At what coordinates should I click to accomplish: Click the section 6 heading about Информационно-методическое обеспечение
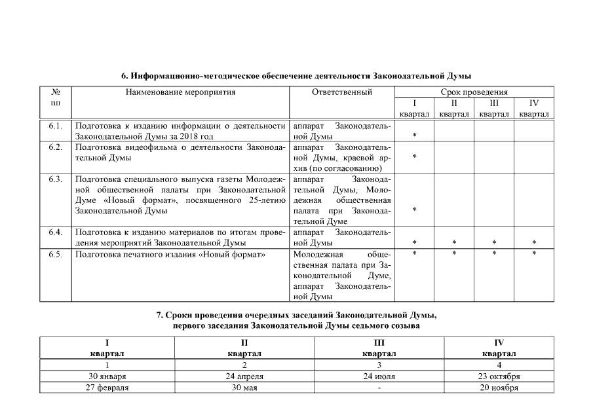(x=296, y=76)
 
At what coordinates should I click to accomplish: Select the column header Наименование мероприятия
(x=180, y=92)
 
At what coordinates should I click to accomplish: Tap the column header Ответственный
(x=342, y=92)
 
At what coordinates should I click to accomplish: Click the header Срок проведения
(x=474, y=92)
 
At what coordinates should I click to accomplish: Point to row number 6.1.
(x=55, y=125)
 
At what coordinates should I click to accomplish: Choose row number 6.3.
(x=55, y=179)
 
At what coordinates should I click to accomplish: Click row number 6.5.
(x=55, y=254)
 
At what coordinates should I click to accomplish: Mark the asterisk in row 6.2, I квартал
(x=415, y=158)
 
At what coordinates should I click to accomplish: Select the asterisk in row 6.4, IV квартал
(x=534, y=244)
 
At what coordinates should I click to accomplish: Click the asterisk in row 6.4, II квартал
(x=454, y=244)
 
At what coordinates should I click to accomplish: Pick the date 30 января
(x=107, y=376)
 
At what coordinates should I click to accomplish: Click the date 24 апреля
(x=244, y=376)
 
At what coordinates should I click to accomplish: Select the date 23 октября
(x=499, y=376)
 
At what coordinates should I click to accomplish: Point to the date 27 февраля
(x=107, y=388)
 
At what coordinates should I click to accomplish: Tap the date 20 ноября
(x=499, y=388)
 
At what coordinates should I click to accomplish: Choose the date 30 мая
(x=244, y=388)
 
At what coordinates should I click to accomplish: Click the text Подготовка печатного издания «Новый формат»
(x=170, y=254)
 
